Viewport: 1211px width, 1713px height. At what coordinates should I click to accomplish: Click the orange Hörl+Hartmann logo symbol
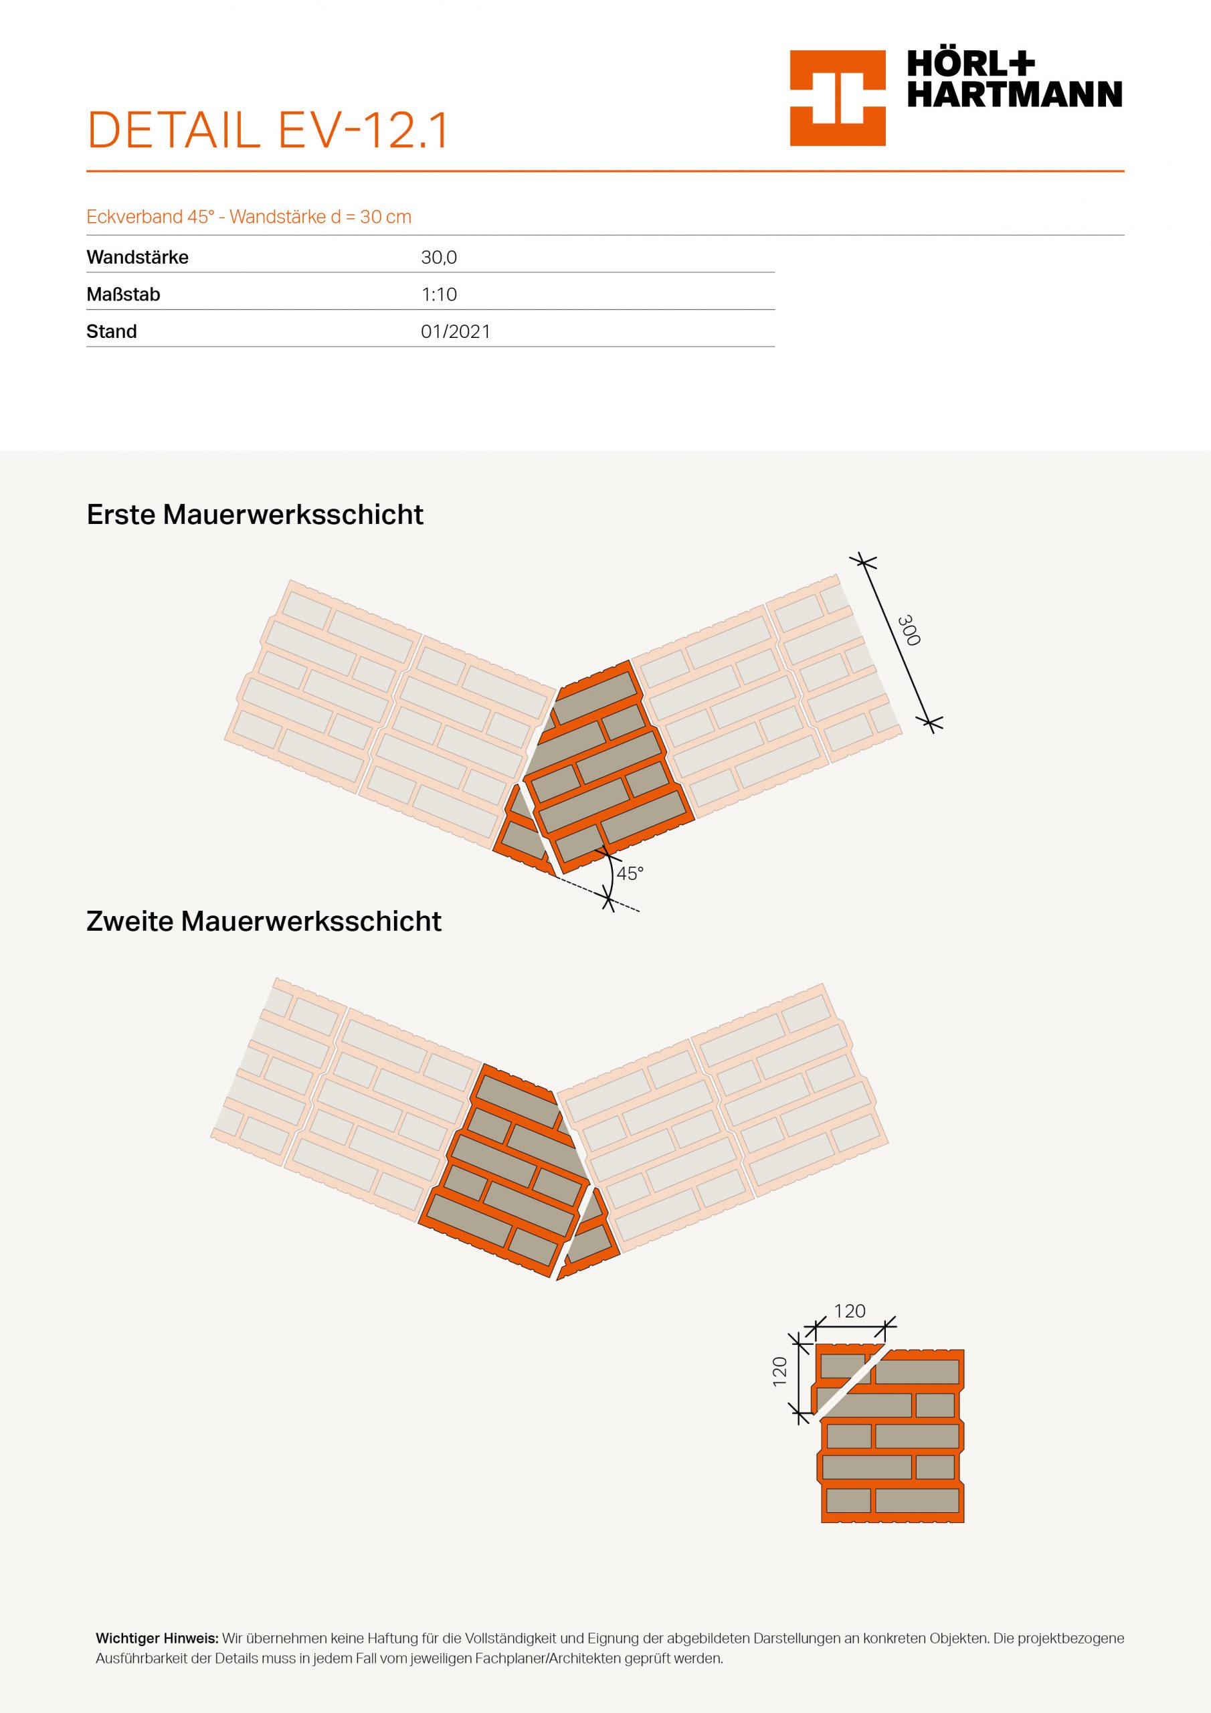click(837, 98)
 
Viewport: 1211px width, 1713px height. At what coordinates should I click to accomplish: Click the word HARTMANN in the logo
click(1014, 95)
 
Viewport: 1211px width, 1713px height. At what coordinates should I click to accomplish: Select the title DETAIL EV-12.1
click(268, 130)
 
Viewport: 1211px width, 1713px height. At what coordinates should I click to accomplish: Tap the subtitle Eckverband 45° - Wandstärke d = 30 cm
click(248, 217)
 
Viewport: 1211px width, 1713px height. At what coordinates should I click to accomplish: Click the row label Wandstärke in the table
click(137, 258)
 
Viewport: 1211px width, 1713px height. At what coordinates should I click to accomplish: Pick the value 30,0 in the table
click(439, 258)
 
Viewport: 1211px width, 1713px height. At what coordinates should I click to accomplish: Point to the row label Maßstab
click(123, 294)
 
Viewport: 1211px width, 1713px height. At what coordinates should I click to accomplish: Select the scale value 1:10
click(439, 294)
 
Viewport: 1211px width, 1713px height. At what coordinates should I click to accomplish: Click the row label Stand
click(111, 332)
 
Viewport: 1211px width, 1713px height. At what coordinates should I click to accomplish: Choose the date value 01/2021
click(455, 332)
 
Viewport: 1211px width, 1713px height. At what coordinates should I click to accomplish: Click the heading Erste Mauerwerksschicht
click(254, 515)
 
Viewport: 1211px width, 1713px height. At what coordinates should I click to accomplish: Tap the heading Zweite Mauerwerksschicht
click(264, 921)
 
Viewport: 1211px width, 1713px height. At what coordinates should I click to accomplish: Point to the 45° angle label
click(630, 874)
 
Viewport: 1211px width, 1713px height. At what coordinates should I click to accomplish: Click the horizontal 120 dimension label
click(849, 1311)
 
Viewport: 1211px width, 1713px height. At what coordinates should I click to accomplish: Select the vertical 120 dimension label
click(779, 1371)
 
